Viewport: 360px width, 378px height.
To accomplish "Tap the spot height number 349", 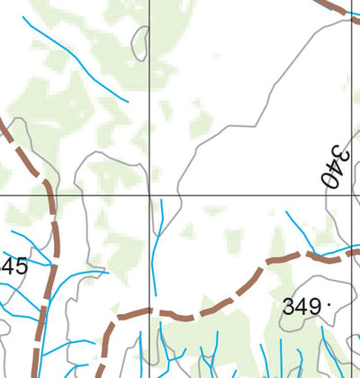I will [x=301, y=307].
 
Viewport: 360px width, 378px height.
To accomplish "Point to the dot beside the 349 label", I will [x=329, y=304].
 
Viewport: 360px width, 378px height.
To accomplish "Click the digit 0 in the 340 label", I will [x=330, y=179].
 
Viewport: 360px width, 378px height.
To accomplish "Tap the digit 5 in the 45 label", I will [x=20, y=266].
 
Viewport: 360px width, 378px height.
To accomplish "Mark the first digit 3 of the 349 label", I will [x=288, y=307].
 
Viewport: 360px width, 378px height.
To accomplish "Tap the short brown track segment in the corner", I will [x=337, y=6].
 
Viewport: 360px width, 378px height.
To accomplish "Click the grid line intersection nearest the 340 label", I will [x=350, y=193].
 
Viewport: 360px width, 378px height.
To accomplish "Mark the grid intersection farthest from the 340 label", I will [x=149, y=193].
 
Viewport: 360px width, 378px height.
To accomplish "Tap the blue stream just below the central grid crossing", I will [x=157, y=243].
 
